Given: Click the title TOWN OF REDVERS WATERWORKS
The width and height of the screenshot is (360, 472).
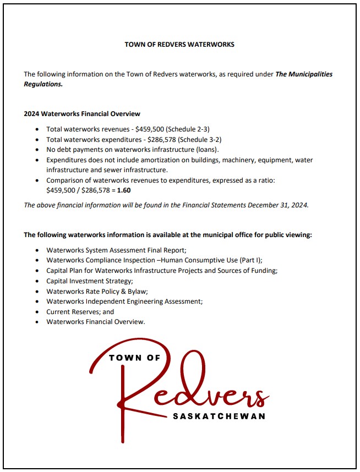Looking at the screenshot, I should pos(179,45).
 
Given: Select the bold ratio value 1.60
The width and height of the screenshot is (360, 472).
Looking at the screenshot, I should pos(124,190).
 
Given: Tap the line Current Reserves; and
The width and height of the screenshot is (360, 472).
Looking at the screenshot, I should pos(80,312).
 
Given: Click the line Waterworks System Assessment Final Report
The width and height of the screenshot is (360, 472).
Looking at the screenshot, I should pos(116,250).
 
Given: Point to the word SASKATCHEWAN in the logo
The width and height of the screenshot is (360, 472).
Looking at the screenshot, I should pos(219,416).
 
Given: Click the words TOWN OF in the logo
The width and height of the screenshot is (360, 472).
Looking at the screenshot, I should pos(134,358).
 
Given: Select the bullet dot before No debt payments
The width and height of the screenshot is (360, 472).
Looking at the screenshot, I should pos(37,150).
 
